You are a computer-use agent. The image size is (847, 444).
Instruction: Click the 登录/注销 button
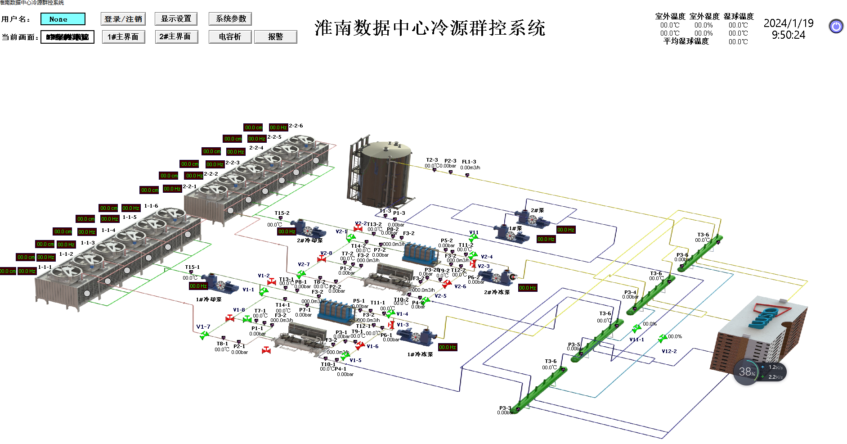pyautogui.click(x=123, y=19)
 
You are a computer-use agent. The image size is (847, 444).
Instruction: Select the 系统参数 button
pyautogui.click(x=230, y=18)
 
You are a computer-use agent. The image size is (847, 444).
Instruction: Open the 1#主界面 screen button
pyautogui.click(x=123, y=37)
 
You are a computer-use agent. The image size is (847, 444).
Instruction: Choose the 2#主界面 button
pyautogui.click(x=175, y=36)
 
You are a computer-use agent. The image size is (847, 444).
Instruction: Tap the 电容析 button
pyautogui.click(x=230, y=37)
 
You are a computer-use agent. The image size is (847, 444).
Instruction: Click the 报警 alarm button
pyautogui.click(x=275, y=37)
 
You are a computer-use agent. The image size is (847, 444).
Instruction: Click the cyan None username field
pyautogui.click(x=63, y=19)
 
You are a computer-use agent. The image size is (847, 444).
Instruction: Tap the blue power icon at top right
pyautogui.click(x=836, y=27)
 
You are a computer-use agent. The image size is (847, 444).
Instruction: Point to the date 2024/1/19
pyautogui.click(x=788, y=23)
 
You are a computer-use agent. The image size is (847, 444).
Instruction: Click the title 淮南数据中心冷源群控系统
pyautogui.click(x=430, y=28)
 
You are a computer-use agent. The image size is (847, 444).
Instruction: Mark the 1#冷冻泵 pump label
pyautogui.click(x=420, y=354)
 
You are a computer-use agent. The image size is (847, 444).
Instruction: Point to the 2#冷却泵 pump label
pyautogui.click(x=309, y=240)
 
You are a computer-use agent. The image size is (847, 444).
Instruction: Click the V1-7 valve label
pyautogui.click(x=203, y=326)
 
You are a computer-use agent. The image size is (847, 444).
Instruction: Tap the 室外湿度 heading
pyautogui.click(x=704, y=16)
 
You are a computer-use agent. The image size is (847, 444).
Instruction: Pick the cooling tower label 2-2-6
pyautogui.click(x=296, y=126)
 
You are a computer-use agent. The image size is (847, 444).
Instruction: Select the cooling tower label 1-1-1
pyautogui.click(x=45, y=267)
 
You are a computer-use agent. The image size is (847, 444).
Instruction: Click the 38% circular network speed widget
pyautogui.click(x=747, y=372)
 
